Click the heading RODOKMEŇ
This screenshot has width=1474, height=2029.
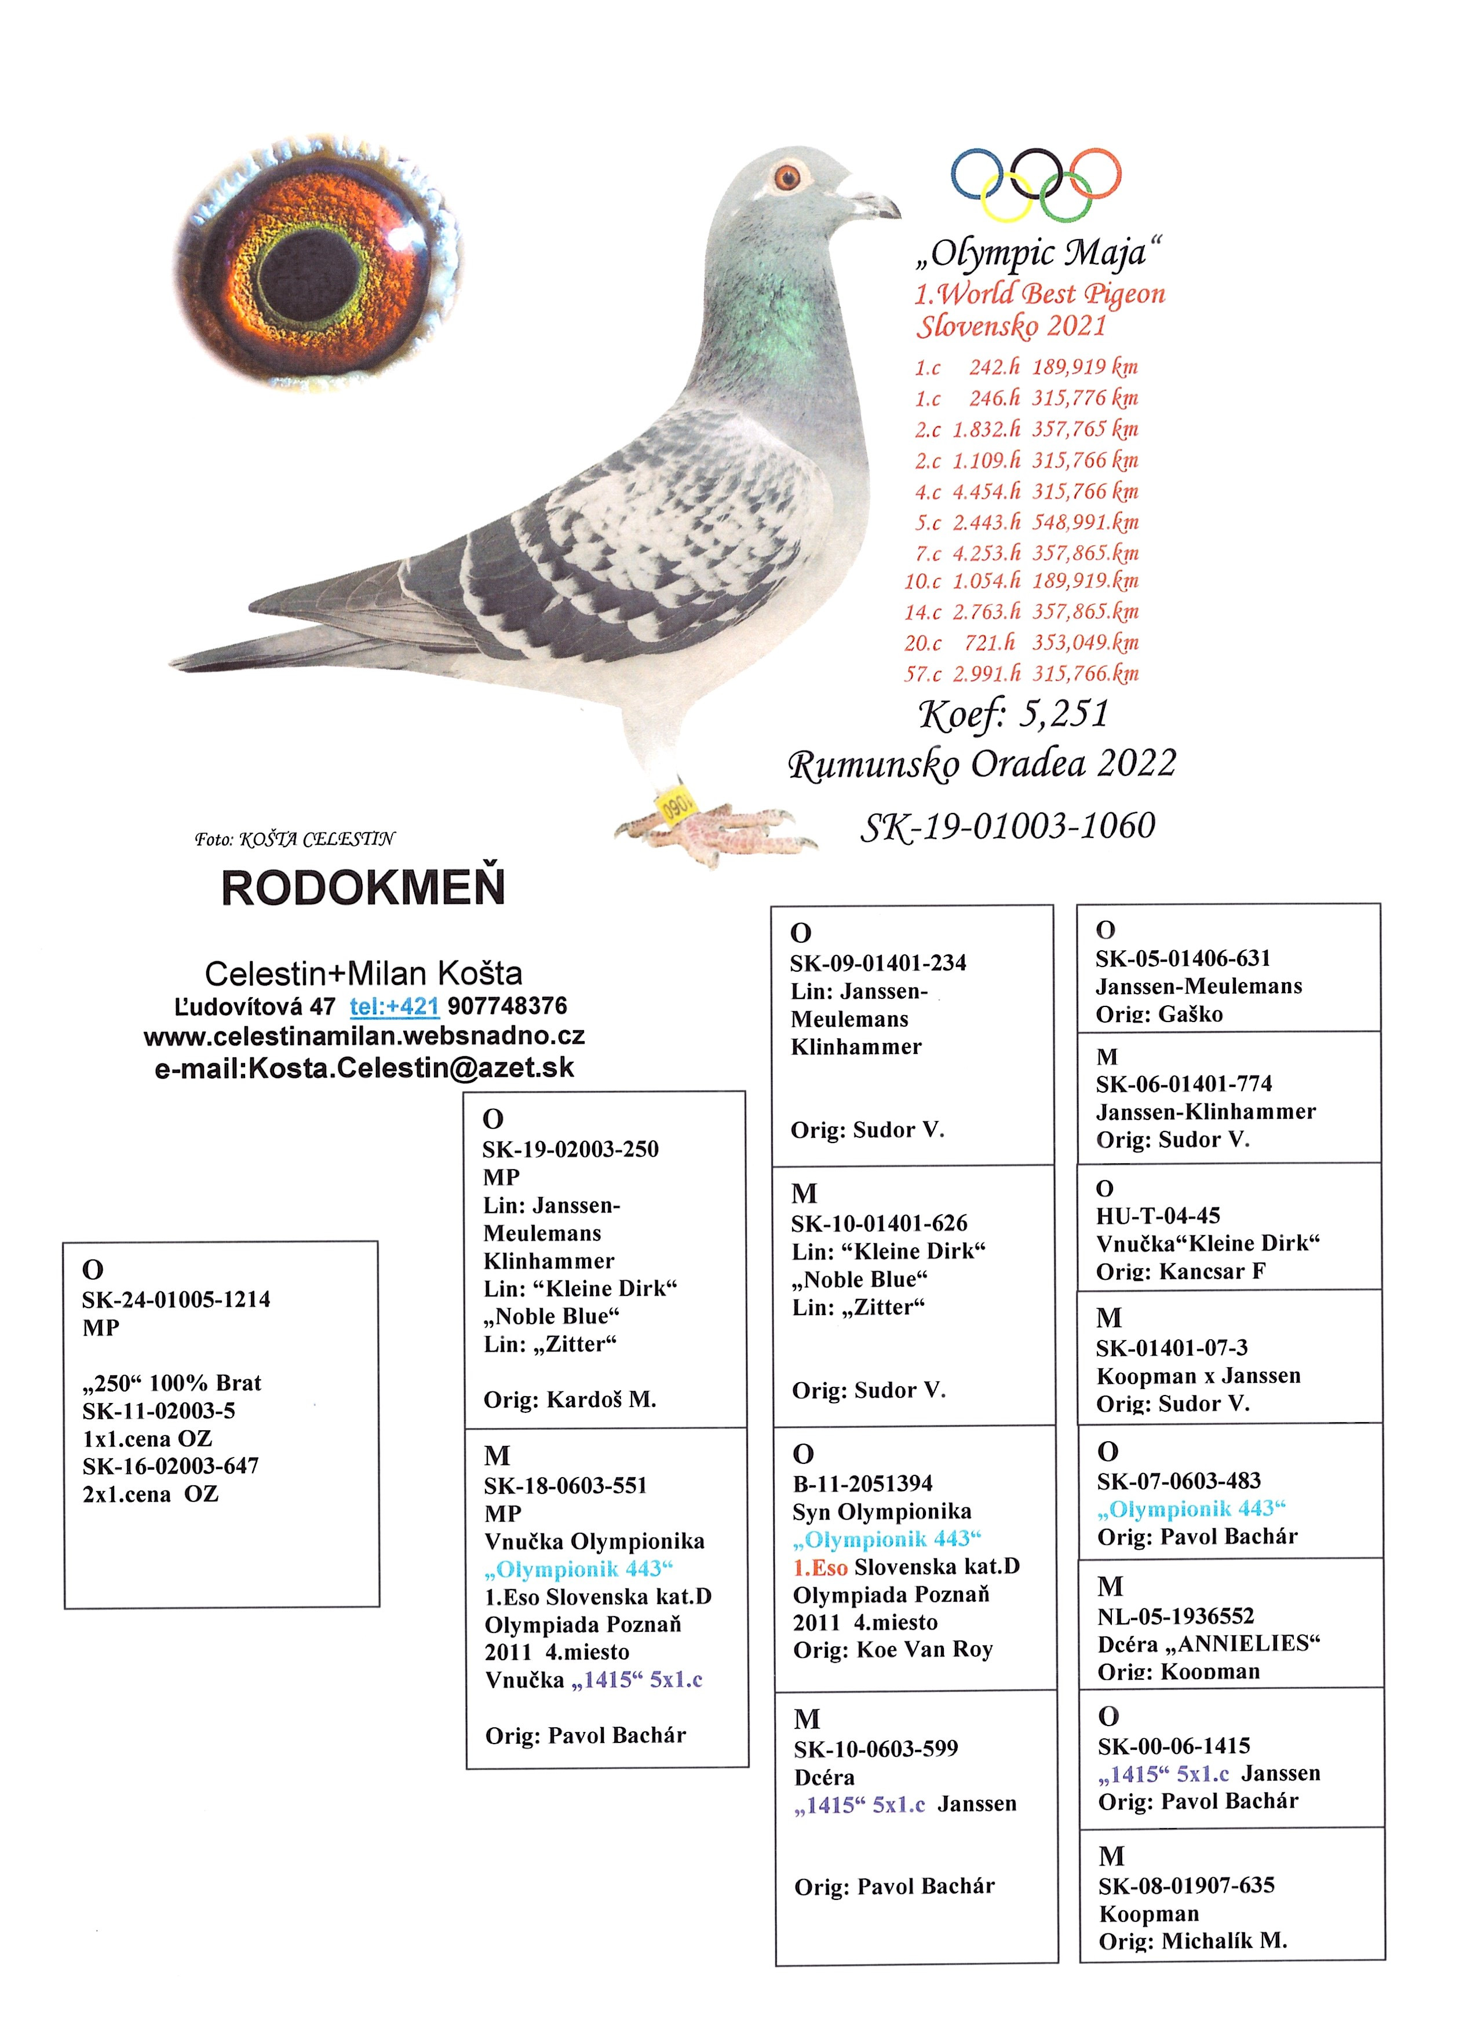click(x=363, y=888)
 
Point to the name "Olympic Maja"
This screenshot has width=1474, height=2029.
click(x=1038, y=253)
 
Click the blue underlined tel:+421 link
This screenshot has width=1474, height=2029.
click(x=394, y=1006)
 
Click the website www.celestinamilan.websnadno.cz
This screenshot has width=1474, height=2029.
click(x=364, y=1036)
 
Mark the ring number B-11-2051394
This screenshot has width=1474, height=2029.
click(x=863, y=1484)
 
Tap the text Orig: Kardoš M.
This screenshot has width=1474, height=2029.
click(x=570, y=1399)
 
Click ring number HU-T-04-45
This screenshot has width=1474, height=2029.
click(x=1158, y=1216)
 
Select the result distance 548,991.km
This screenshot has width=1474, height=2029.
click(x=1086, y=522)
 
